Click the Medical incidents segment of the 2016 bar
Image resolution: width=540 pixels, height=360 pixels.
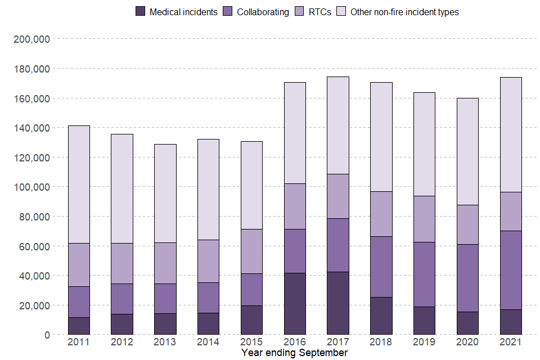295,304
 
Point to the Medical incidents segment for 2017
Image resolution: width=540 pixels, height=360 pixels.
337,303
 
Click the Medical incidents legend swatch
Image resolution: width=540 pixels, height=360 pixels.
141,12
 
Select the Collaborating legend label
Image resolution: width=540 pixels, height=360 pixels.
263,12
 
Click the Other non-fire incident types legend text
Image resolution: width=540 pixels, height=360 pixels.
404,12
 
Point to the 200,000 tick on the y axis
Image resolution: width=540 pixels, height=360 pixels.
31,39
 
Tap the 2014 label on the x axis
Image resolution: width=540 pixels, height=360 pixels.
208,342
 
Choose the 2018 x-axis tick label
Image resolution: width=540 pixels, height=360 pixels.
381,342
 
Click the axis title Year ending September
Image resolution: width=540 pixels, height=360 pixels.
294,353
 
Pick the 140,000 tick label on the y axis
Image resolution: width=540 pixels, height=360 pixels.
31,128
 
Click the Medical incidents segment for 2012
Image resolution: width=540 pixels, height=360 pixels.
122,324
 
